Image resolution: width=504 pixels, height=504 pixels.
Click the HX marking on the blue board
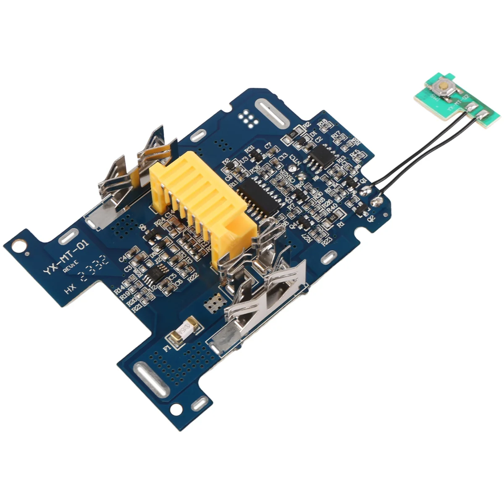point(69,290)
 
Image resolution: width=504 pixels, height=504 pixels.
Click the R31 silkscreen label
point(250,148)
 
